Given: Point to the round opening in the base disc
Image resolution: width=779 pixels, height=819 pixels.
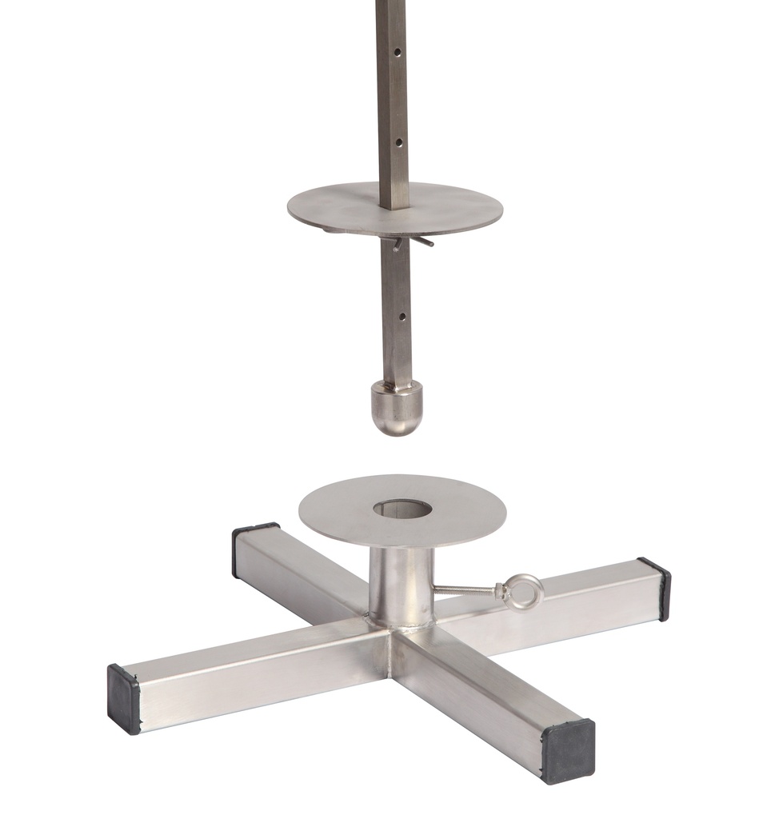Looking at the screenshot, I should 402,509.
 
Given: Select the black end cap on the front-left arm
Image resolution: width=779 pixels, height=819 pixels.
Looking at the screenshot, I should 125,698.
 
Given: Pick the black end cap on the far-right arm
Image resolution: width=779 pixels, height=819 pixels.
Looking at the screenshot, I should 657,588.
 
